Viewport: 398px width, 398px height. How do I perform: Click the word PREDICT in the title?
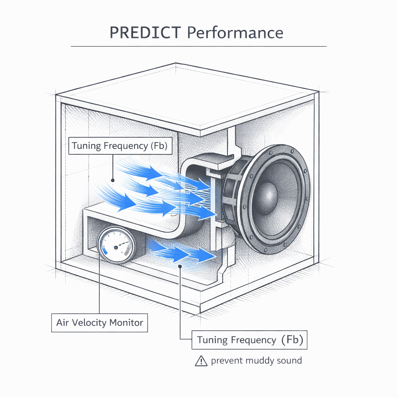[x=145, y=33]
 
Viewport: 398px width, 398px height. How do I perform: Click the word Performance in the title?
[x=235, y=33]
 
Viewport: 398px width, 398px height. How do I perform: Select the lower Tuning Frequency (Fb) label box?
[x=250, y=340]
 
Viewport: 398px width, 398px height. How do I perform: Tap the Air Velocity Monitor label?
[x=99, y=323]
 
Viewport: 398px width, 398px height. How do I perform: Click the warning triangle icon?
[x=201, y=361]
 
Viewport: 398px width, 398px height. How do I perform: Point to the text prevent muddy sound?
[x=256, y=361]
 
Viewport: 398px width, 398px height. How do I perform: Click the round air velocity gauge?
[x=116, y=246]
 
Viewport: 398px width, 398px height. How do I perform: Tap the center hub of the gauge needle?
[x=116, y=247]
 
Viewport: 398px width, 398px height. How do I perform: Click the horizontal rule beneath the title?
[x=198, y=46]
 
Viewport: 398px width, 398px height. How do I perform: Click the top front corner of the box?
[x=200, y=136]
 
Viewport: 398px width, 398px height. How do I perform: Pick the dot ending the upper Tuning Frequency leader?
[x=112, y=180]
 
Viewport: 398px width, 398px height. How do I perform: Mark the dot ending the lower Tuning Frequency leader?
[x=180, y=266]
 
